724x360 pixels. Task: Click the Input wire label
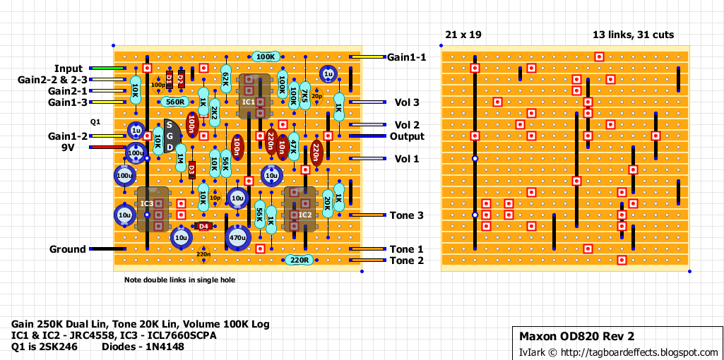click(69, 68)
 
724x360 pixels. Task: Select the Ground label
click(68, 249)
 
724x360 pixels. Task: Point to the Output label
click(407, 136)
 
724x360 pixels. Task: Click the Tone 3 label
click(406, 215)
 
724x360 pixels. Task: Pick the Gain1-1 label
click(406, 57)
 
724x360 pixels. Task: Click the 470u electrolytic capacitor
click(237, 238)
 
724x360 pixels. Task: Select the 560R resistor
click(174, 102)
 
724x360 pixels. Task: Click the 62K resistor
click(226, 79)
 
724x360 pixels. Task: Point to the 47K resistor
click(294, 147)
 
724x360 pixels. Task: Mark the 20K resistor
click(328, 204)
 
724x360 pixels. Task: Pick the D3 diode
click(192, 169)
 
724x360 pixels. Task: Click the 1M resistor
click(181, 158)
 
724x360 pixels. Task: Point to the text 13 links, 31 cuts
click(633, 35)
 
